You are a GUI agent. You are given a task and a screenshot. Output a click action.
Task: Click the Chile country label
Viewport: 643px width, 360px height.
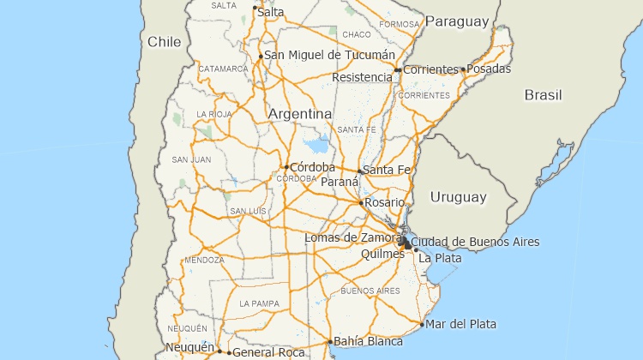(164, 41)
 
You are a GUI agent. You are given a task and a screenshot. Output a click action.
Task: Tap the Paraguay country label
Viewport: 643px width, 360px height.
(457, 21)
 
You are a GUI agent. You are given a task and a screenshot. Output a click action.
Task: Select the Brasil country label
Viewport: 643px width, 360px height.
(543, 94)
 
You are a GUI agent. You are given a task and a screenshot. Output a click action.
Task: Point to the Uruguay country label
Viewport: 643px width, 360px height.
(458, 197)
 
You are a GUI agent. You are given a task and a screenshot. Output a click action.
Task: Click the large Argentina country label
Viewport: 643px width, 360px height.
(300, 114)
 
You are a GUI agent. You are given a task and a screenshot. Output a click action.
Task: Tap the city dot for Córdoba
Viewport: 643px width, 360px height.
(286, 167)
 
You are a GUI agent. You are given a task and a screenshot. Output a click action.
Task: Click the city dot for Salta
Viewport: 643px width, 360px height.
(255, 8)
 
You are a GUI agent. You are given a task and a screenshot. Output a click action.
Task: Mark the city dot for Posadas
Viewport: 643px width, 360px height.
(463, 69)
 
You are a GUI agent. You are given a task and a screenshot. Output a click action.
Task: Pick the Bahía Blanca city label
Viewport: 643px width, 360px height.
(368, 341)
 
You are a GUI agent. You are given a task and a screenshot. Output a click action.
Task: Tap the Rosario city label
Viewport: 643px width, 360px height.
(384, 202)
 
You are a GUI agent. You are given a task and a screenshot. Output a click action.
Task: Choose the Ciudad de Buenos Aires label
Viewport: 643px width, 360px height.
(476, 243)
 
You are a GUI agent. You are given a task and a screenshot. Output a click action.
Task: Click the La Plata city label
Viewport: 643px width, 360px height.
(440, 258)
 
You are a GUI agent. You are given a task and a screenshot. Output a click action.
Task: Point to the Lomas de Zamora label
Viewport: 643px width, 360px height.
(353, 237)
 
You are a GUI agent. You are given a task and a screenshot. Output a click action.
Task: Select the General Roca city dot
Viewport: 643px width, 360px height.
(229, 352)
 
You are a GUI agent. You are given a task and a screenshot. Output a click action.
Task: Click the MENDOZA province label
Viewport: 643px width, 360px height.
(204, 260)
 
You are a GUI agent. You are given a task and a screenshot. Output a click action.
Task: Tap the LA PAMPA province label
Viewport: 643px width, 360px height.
(259, 303)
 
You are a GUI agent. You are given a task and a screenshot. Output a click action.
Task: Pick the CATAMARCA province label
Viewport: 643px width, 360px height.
(223, 69)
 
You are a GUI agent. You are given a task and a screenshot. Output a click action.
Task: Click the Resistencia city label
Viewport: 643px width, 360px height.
(362, 77)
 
